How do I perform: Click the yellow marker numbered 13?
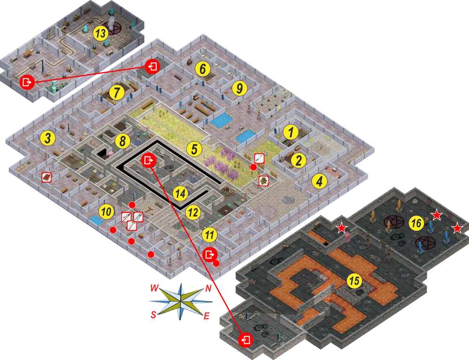pyautogui.click(x=100, y=33)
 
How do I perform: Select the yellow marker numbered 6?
pyautogui.click(x=203, y=69)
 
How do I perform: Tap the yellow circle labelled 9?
pyautogui.click(x=239, y=88)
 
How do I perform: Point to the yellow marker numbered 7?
pyautogui.click(x=117, y=93)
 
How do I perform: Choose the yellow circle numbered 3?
pyautogui.click(x=48, y=138)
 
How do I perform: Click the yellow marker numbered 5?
pyautogui.click(x=195, y=149)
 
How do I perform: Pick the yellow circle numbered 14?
pyautogui.click(x=181, y=194)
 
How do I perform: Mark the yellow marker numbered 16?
pyautogui.click(x=416, y=223)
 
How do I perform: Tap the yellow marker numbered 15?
pyautogui.click(x=354, y=281)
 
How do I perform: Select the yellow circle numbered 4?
pyautogui.click(x=319, y=181)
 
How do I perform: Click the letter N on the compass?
pyautogui.click(x=209, y=289)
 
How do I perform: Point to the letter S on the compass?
pyautogui.click(x=153, y=315)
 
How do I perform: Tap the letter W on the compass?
pyautogui.click(x=154, y=288)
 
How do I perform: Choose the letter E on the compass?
pyautogui.click(x=206, y=316)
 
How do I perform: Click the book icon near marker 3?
pyautogui.click(x=46, y=178)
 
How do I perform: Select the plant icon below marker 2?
pyautogui.click(x=264, y=181)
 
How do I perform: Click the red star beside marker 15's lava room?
pyautogui.click(x=341, y=229)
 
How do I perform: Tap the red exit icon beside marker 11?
pyautogui.click(x=210, y=255)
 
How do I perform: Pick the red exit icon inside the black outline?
pyautogui.click(x=149, y=161)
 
